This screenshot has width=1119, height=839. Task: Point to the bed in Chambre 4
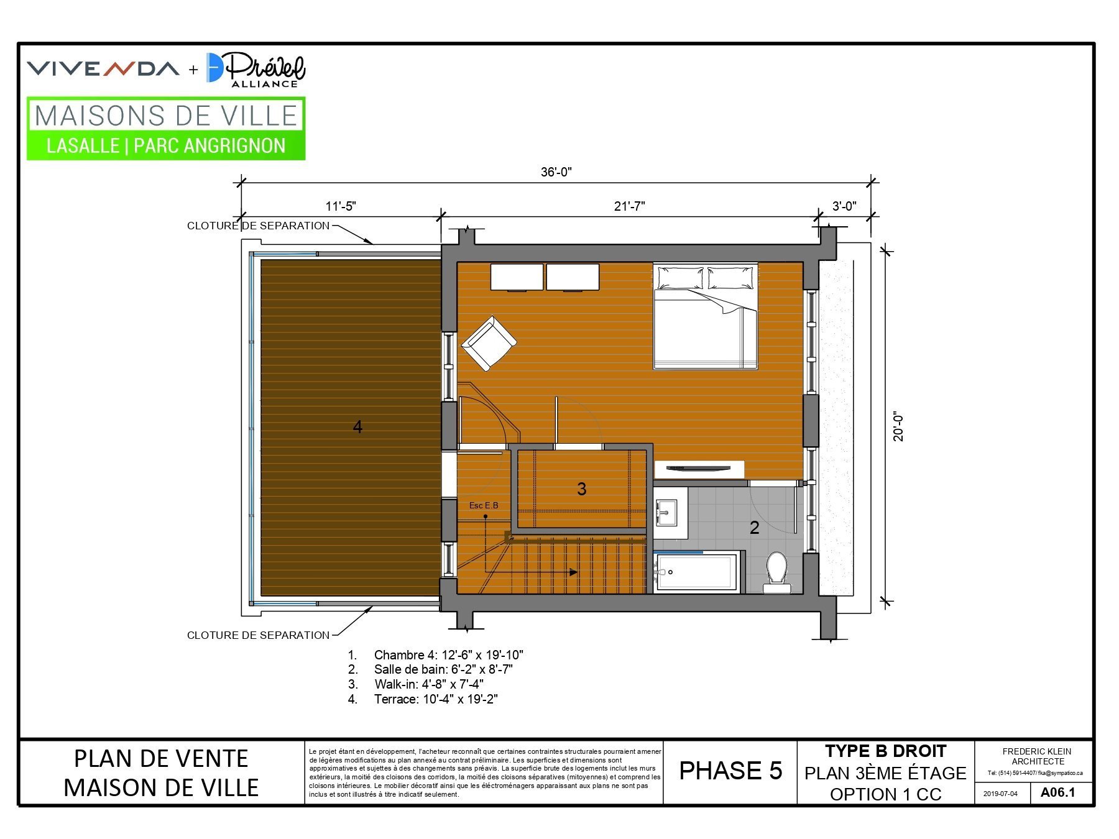pos(705,316)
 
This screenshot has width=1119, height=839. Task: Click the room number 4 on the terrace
pos(357,427)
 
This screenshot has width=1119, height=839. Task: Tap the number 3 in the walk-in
pos(582,489)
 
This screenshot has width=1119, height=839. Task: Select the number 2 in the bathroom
pos(755,528)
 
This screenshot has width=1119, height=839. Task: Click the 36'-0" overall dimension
pos(556,172)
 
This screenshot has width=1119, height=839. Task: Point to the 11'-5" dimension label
pos(341,206)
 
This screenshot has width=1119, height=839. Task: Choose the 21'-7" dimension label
pos(629,206)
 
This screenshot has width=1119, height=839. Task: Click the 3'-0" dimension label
pos(844,206)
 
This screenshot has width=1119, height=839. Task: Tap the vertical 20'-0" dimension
pos(899,426)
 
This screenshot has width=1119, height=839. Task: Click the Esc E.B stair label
pos(484,505)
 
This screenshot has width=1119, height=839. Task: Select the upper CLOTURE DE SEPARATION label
pos(259,226)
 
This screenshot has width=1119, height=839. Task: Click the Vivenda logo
pos(103,69)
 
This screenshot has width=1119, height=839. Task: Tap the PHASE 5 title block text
pos(730,771)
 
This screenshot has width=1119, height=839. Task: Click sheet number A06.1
pos(1057,792)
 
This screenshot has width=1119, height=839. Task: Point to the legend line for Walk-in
pos(415,684)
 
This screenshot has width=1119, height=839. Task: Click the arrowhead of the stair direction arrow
pos(574,572)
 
